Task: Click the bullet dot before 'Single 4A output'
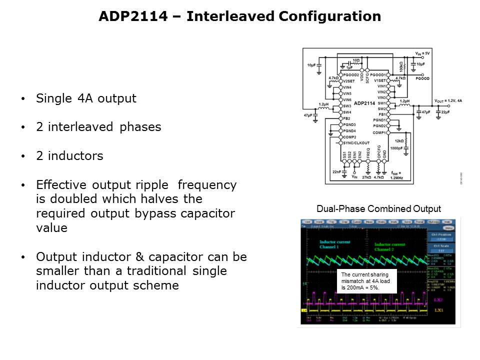pyautogui.click(x=23, y=99)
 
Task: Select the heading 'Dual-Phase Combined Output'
pyautogui.click(x=379, y=208)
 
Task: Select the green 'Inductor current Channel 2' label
pyautogui.click(x=390, y=247)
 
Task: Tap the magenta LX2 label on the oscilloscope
pyautogui.click(x=438, y=298)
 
